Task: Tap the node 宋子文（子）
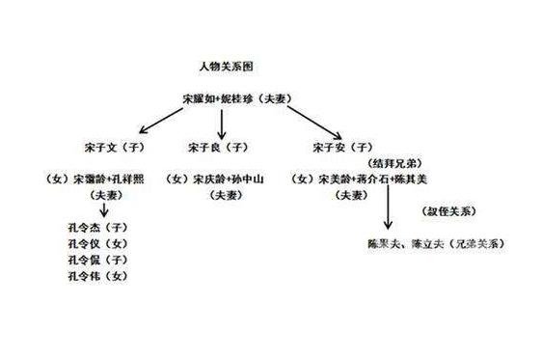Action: [113, 148]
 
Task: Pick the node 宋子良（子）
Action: [218, 148]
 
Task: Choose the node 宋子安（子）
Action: [342, 148]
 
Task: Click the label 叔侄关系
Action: [447, 210]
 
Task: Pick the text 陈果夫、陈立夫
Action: [404, 243]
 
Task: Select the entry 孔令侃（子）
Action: [96, 261]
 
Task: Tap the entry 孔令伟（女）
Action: [96, 277]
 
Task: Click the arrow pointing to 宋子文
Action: [164, 121]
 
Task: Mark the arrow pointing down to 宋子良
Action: [222, 123]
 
